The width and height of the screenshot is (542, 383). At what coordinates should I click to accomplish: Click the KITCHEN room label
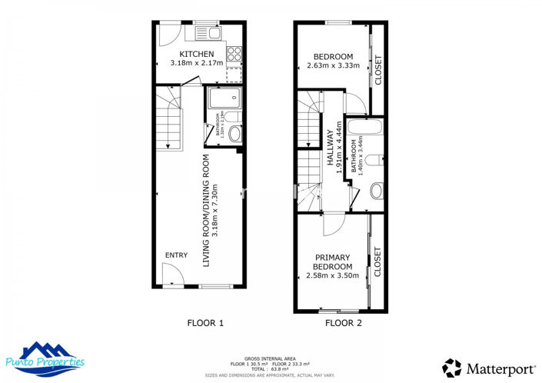coord(191,54)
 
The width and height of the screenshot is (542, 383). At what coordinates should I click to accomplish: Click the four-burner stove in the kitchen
coord(234,54)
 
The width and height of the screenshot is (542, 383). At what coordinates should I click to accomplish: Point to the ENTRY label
coord(175,255)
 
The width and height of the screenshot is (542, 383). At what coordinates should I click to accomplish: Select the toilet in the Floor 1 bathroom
coord(234,133)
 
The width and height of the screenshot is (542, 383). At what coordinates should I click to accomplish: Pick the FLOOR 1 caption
coord(205,323)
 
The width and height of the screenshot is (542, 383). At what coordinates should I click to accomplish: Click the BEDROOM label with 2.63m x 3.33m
coord(333,57)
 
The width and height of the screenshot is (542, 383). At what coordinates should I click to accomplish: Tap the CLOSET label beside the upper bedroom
coord(377,70)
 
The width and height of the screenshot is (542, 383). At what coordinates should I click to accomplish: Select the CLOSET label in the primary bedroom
coord(377,261)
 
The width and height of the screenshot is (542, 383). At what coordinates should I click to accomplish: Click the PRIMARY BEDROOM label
coord(332,261)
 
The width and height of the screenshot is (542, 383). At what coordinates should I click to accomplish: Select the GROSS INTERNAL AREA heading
coord(270,358)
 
